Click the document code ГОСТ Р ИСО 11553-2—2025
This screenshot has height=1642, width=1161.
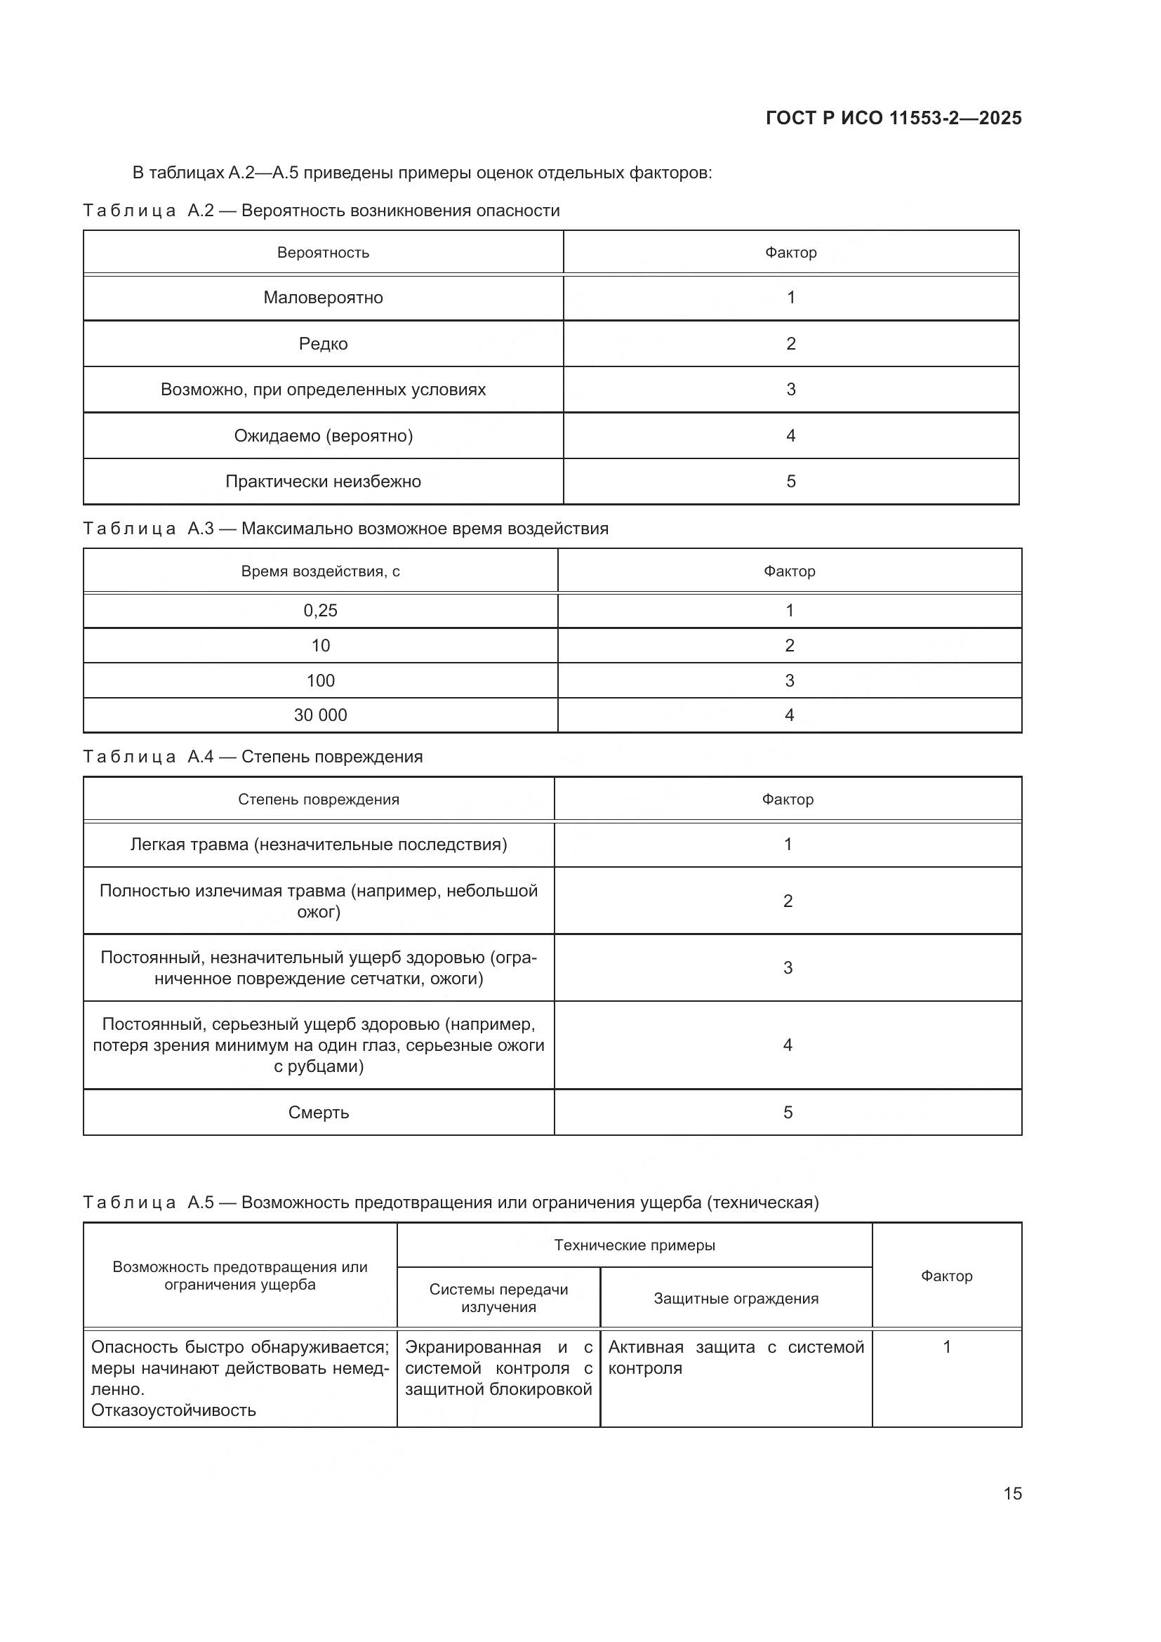[x=893, y=118]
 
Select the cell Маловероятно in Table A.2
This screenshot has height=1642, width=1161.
[x=323, y=298]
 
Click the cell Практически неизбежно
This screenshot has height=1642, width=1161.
[x=323, y=482]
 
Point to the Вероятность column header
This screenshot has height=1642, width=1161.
[x=323, y=253]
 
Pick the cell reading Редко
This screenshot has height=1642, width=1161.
[x=323, y=344]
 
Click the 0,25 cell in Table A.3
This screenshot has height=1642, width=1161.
[x=320, y=610]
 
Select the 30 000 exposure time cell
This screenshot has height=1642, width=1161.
[x=320, y=715]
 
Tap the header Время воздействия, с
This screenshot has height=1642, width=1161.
[x=320, y=571]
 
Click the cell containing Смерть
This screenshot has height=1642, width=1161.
[x=318, y=1112]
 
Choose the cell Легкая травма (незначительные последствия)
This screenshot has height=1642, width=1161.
[x=318, y=845]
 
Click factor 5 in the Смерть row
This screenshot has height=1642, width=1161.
[x=788, y=1112]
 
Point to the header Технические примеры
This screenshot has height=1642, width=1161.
[x=634, y=1245]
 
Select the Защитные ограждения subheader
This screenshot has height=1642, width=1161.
[x=736, y=1298]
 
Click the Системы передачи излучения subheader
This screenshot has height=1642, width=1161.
[x=498, y=1298]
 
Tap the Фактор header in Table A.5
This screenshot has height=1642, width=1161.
[x=946, y=1276]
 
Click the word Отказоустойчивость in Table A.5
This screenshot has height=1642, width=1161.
[x=173, y=1410]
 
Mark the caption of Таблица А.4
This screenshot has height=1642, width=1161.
[x=253, y=757]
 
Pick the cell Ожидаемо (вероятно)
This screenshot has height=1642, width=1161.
[x=323, y=435]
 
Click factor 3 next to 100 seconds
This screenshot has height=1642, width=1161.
[x=789, y=680]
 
